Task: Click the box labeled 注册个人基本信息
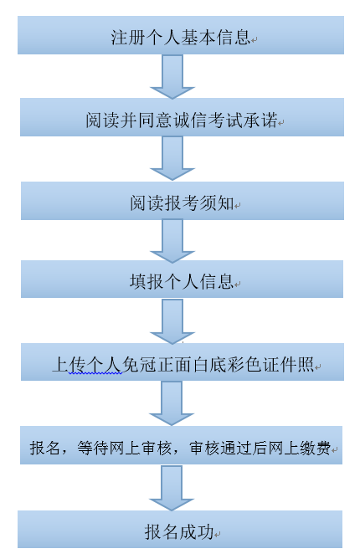[181, 35]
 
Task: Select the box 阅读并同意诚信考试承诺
[182, 117]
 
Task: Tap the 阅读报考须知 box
[183, 201]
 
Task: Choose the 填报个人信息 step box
[182, 279]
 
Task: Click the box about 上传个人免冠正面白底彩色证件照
[183, 362]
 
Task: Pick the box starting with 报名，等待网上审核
[181, 445]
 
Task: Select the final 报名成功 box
[180, 529]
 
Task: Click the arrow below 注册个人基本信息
[172, 76]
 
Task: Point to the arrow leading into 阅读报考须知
[172, 158]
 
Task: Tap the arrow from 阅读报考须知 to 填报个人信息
[172, 241]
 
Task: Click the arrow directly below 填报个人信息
[172, 321]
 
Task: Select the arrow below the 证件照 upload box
[172, 403]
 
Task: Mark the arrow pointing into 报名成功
[172, 488]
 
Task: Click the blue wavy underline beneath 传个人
[95, 373]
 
